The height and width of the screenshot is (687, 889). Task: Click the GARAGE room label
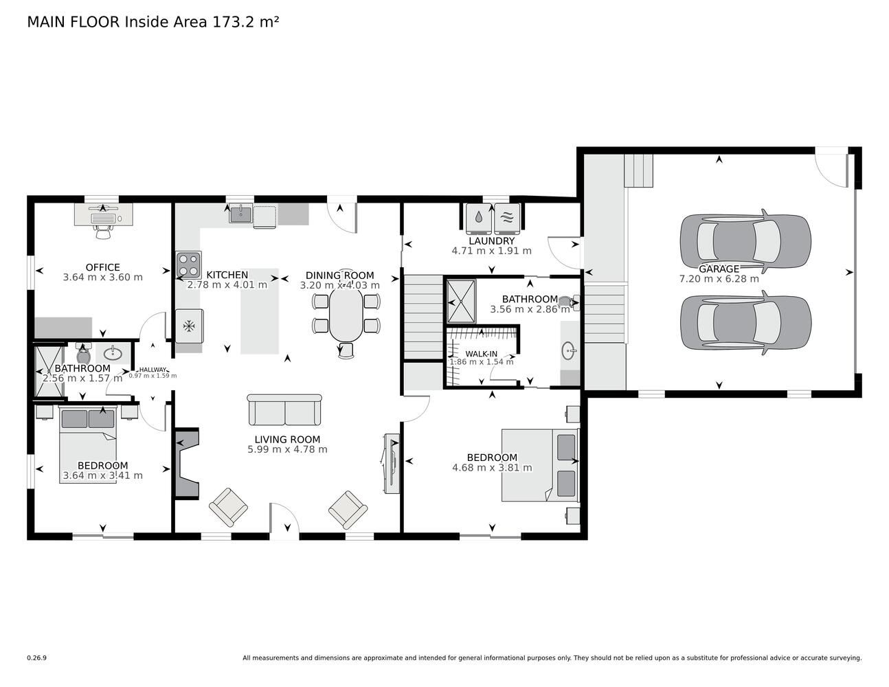[x=719, y=269]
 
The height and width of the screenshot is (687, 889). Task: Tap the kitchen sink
[x=240, y=214]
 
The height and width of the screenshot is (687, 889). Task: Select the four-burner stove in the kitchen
[x=189, y=265]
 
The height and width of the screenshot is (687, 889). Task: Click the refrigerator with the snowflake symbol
[x=189, y=326]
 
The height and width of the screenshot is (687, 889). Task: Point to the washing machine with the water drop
[x=479, y=218]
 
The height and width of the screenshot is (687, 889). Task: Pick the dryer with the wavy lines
[x=507, y=218]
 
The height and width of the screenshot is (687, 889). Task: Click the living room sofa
[x=284, y=409]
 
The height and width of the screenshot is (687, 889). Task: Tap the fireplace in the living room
[x=188, y=464]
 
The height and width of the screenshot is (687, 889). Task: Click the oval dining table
[x=346, y=314]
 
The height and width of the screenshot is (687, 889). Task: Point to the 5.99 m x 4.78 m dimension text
[x=287, y=449]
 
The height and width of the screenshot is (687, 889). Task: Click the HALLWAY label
[x=153, y=370]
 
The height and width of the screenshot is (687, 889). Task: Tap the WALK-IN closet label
[x=481, y=354]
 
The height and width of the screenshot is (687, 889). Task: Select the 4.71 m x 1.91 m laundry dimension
[x=491, y=251]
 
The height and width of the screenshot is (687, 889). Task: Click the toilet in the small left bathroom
[x=83, y=353]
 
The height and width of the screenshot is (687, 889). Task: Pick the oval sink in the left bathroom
[x=113, y=353]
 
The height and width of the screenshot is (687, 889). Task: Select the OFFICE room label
[x=102, y=267]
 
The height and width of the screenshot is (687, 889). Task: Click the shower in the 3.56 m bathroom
[x=462, y=302]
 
